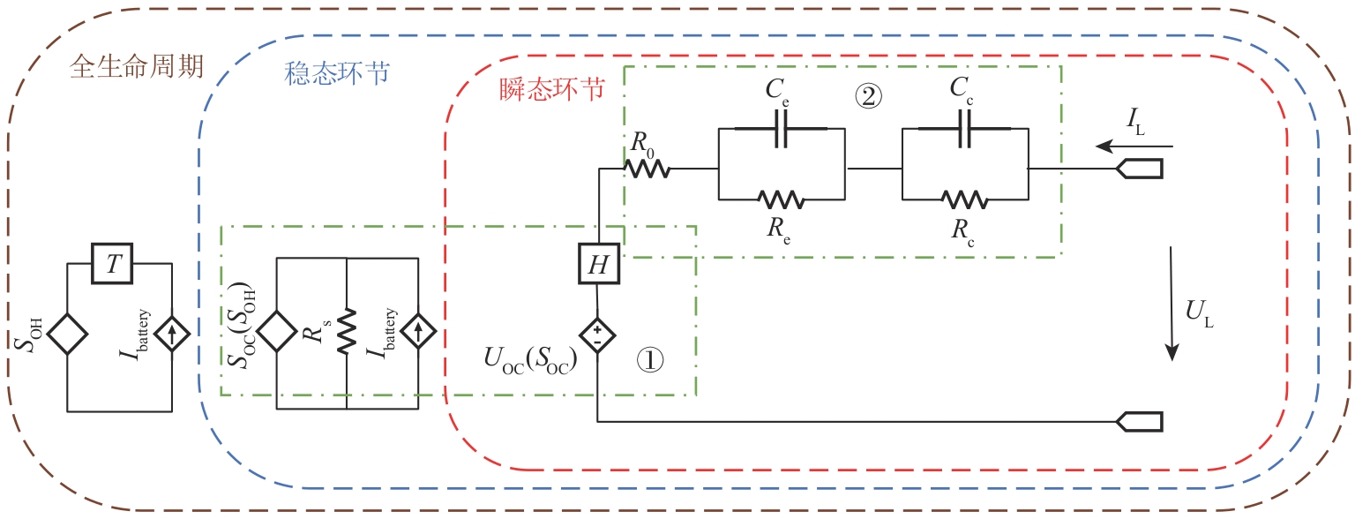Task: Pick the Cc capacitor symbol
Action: click(x=966, y=133)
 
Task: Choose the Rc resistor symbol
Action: click(x=965, y=199)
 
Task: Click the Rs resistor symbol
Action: click(x=346, y=333)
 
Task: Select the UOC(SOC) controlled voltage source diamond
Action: click(x=598, y=335)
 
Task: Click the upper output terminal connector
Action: click(x=1139, y=169)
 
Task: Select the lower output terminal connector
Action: click(x=1139, y=422)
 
